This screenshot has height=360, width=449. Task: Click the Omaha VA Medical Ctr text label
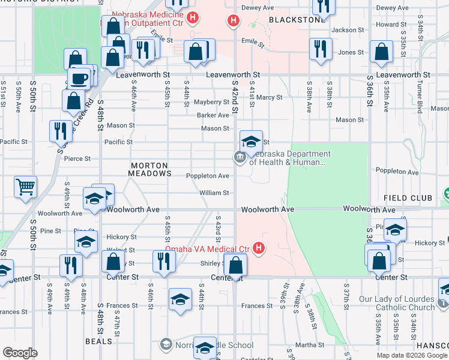pos(207,249)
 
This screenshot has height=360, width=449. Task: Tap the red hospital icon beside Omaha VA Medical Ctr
pos(259,247)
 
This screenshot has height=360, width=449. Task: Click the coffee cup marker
pos(79,79)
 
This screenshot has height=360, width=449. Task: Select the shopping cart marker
pos(26,187)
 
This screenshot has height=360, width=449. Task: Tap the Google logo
pos(20,353)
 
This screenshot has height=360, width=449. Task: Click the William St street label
pos(214,193)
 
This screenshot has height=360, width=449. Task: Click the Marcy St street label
pos(269,97)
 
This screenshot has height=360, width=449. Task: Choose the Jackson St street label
pos(348,29)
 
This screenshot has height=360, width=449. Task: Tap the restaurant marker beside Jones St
pos(321,49)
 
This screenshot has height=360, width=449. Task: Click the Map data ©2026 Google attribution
pos(411,355)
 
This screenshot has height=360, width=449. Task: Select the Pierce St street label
pos(77,159)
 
